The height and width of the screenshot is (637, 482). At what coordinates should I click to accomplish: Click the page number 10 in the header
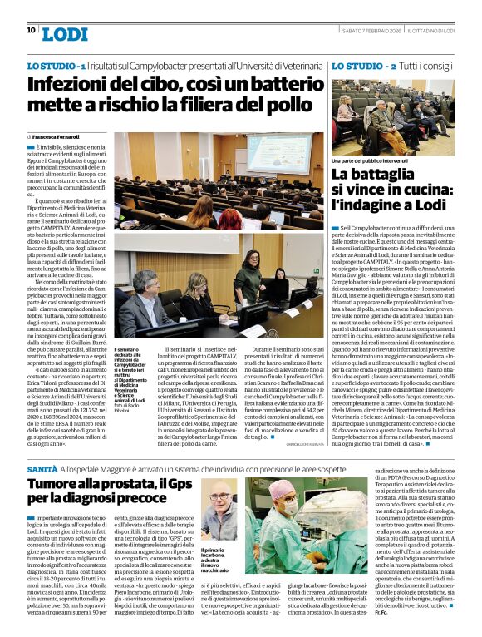tap(31, 30)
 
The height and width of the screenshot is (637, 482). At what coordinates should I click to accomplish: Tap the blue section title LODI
tap(63, 33)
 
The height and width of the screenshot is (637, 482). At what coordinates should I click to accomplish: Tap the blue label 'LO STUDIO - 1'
tap(57, 65)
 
